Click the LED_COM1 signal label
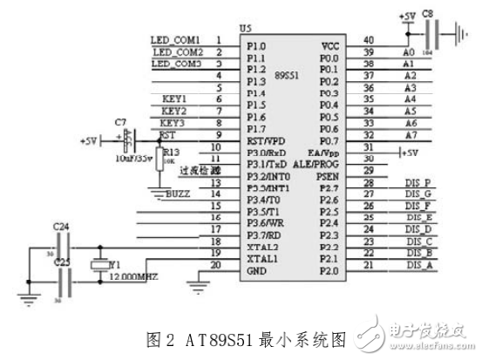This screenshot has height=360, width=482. [x=176, y=40]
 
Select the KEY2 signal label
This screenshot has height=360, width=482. [x=174, y=112]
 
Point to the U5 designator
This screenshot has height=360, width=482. [x=246, y=29]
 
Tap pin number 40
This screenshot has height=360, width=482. [x=369, y=39]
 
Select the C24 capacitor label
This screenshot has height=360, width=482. [x=60, y=227]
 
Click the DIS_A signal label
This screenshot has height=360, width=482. [x=420, y=266]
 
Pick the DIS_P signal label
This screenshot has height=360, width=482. [x=419, y=181]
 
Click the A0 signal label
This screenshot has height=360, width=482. [x=408, y=52]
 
